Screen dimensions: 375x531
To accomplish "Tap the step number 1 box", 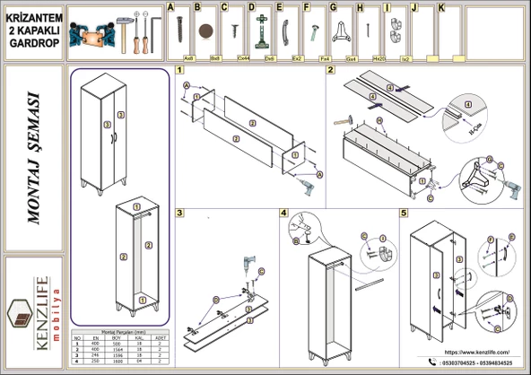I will (180, 70).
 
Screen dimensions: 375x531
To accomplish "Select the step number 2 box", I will (330, 70).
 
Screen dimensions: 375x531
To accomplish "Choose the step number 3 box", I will (180, 213).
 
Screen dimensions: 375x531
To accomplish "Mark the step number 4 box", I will (284, 213).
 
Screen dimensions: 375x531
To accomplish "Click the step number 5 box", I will (404, 213).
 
